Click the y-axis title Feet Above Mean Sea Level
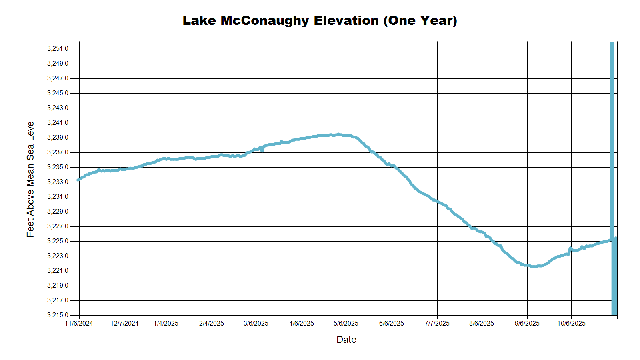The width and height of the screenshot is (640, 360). coord(30,178)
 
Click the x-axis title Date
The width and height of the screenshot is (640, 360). coord(346,340)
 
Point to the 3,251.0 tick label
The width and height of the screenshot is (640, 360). coord(58,49)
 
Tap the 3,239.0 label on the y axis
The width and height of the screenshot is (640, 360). coord(58,138)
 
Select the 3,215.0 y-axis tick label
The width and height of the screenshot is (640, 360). coord(58,315)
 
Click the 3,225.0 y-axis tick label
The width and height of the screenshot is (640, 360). coord(58,241)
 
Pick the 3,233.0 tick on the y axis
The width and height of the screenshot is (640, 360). coord(58,182)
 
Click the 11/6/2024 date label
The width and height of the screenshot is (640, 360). coord(79,323)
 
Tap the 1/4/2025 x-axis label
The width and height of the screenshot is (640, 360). coord(166,323)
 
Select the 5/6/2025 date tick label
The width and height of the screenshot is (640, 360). coord(346,323)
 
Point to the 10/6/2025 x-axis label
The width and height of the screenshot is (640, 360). coord(571,323)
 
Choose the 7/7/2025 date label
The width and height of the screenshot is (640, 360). coord(437,323)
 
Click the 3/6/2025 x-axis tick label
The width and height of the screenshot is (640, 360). coord(256,323)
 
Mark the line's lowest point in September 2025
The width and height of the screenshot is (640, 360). coord(534,266)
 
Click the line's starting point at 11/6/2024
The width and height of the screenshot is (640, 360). coord(78,180)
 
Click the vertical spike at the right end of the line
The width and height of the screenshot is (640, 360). coord(612,120)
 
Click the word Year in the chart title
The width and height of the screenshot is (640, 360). coord(438,20)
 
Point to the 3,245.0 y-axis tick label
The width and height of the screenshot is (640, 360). coord(58,93)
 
